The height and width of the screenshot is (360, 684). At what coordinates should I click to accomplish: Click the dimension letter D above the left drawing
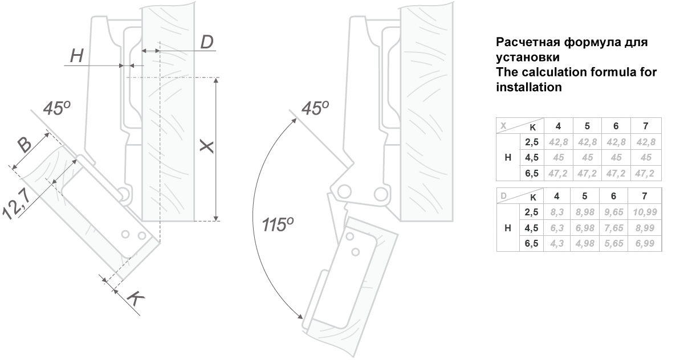click(x=207, y=42)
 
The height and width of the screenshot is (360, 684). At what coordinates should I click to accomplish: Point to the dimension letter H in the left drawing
click(x=76, y=56)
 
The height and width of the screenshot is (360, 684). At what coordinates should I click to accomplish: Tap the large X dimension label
click(x=207, y=147)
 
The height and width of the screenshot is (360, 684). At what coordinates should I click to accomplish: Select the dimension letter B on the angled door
click(x=24, y=145)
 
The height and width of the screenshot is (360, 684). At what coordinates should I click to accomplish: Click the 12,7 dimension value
click(x=17, y=204)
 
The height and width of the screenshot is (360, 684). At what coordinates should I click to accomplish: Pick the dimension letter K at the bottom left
click(x=136, y=298)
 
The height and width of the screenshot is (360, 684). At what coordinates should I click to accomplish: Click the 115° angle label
click(x=277, y=225)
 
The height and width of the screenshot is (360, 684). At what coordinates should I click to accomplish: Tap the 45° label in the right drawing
click(x=315, y=108)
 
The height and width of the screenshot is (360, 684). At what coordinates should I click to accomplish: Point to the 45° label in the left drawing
click(x=56, y=108)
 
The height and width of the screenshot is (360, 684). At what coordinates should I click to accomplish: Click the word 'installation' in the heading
click(x=529, y=87)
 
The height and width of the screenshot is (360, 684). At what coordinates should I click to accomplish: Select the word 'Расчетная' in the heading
click(x=528, y=42)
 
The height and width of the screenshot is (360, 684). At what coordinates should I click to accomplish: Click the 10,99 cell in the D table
click(x=645, y=212)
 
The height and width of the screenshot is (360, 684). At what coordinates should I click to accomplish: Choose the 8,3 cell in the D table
click(x=557, y=212)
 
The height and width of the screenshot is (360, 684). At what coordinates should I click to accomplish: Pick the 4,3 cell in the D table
click(x=557, y=243)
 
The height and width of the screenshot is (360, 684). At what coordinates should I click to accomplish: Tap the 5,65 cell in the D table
click(x=614, y=243)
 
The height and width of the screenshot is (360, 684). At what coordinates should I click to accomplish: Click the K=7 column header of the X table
click(x=645, y=126)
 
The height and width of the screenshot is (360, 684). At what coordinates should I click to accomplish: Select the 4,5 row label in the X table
click(x=532, y=157)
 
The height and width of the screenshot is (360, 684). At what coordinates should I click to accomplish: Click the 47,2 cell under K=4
click(x=558, y=173)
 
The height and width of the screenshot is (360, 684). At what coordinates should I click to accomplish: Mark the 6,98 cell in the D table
click(x=585, y=228)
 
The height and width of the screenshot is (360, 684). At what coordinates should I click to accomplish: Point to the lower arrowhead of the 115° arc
click(x=301, y=316)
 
